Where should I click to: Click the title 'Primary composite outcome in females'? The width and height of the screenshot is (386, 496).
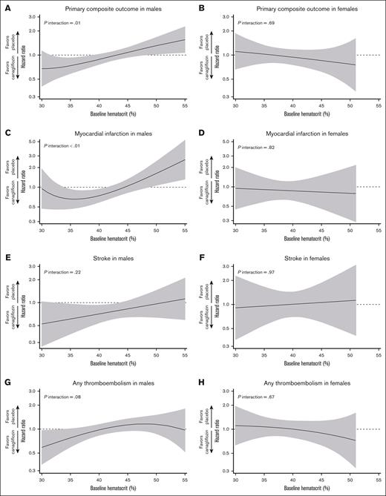click(295, 7)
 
